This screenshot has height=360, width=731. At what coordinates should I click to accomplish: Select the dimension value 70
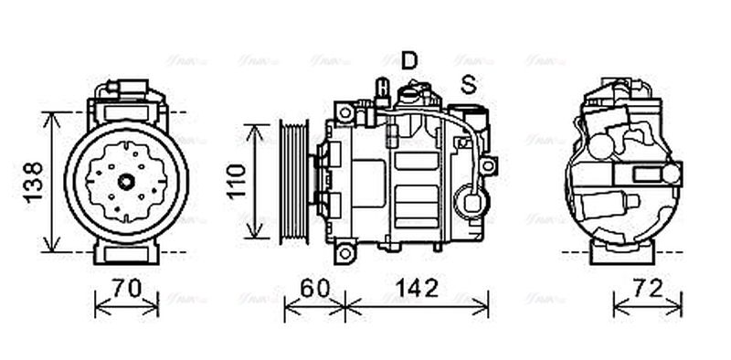click(126, 289)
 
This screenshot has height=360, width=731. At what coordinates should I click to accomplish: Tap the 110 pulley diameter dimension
click(235, 183)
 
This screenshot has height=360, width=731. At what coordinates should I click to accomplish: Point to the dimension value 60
click(314, 289)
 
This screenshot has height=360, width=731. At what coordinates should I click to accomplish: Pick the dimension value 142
click(416, 289)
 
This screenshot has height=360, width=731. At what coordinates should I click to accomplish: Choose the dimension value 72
click(647, 289)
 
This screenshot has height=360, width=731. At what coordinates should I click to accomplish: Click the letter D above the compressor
click(409, 61)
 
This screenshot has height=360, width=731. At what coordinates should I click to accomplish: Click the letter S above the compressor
click(468, 85)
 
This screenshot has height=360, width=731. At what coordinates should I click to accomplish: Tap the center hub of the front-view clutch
click(126, 181)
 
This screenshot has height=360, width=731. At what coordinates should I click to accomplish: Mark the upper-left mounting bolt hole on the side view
click(344, 113)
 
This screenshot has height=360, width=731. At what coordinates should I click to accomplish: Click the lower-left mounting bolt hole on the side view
click(344, 250)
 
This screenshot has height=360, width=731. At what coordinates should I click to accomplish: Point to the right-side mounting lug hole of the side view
click(489, 166)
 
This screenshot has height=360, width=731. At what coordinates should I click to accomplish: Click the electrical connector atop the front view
click(124, 90)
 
